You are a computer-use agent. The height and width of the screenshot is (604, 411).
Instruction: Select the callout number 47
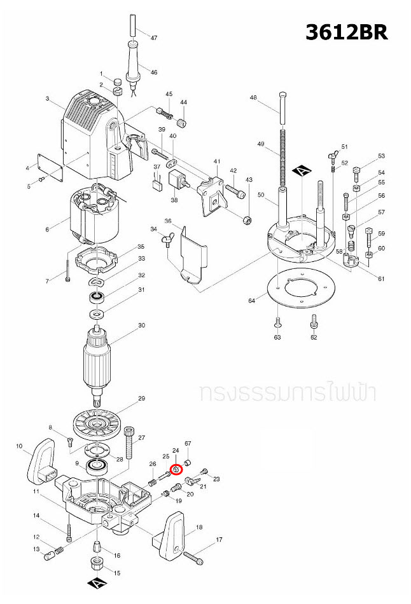click(x=153, y=38)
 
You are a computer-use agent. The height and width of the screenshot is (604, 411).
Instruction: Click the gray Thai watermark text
click(x=287, y=392)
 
